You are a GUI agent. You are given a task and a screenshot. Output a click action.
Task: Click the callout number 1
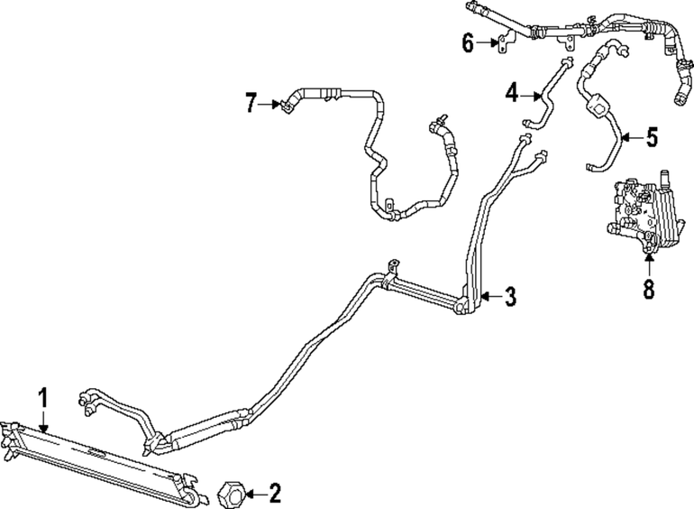point(43,398)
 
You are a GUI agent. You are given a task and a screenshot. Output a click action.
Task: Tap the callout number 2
point(274,493)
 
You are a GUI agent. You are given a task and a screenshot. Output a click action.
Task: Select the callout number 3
point(510,296)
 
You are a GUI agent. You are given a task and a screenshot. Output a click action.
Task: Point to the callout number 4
point(512,95)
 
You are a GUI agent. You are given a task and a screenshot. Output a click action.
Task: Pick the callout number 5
point(652,138)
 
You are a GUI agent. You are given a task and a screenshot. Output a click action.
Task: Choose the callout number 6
point(469,43)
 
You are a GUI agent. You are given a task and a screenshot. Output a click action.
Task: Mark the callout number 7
point(251,104)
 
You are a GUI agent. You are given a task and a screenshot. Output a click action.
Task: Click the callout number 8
point(648,289)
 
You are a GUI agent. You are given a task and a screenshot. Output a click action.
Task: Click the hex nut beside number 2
point(231,494)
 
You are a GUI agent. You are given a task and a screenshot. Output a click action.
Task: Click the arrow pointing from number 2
point(255,493)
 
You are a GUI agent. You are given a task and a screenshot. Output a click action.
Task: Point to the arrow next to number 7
point(269,105)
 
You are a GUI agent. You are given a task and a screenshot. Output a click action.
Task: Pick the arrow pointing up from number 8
point(649,264)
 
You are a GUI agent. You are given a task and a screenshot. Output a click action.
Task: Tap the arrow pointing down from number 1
point(43,420)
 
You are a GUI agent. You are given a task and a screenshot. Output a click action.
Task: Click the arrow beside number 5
point(632,138)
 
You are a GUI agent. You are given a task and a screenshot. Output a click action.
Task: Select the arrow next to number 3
point(491,296)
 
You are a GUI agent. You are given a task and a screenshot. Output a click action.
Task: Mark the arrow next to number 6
point(487,43)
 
